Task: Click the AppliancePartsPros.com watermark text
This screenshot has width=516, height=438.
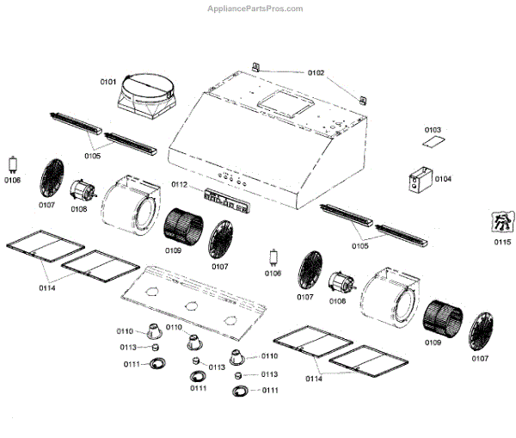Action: click(255, 9)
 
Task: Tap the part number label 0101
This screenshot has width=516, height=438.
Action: click(107, 82)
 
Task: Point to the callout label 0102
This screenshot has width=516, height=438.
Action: click(316, 74)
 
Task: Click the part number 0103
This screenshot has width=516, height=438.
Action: click(433, 129)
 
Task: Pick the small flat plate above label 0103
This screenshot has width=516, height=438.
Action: click(436, 140)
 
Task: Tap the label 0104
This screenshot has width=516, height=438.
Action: click(443, 179)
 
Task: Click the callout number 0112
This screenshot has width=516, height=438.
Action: click(179, 185)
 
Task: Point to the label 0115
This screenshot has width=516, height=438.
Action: click(501, 242)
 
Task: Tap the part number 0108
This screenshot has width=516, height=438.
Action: click(79, 208)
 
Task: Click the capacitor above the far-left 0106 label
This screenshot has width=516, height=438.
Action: click(13, 164)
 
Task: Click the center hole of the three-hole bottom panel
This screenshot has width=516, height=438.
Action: click(187, 306)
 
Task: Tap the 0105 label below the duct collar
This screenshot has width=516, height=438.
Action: click(92, 157)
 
